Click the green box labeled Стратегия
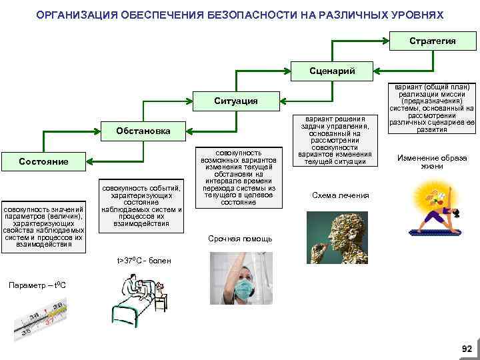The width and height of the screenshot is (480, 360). click(x=432, y=41)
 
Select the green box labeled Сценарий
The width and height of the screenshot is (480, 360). click(x=333, y=71)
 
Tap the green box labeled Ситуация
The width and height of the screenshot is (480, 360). click(x=235, y=101)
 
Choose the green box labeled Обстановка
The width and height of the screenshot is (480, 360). click(x=143, y=131)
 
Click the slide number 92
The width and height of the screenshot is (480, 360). click(x=466, y=349)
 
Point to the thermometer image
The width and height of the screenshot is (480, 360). click(x=42, y=319)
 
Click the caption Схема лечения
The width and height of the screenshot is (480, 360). click(x=340, y=195)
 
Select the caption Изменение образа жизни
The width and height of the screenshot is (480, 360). click(x=432, y=162)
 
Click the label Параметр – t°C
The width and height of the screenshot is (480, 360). click(x=37, y=285)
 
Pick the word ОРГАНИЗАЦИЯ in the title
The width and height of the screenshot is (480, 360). click(x=73, y=14)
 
